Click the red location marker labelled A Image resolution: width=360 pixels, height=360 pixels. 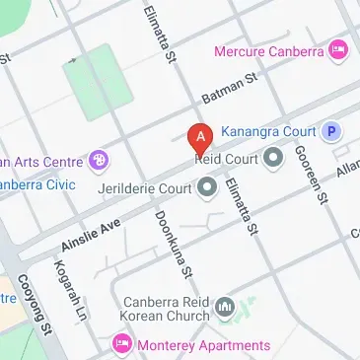point(201,137)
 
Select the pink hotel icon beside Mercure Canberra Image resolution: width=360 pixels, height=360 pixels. point(339,48)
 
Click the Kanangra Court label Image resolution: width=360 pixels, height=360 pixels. point(268,130)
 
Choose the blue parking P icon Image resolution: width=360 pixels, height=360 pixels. point(332,130)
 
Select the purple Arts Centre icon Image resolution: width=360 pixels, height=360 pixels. point(99,159)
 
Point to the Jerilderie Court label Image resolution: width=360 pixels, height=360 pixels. point(145,185)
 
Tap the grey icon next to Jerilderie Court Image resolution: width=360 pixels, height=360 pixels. point(207,185)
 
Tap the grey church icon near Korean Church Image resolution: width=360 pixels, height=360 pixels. point(225,311)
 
